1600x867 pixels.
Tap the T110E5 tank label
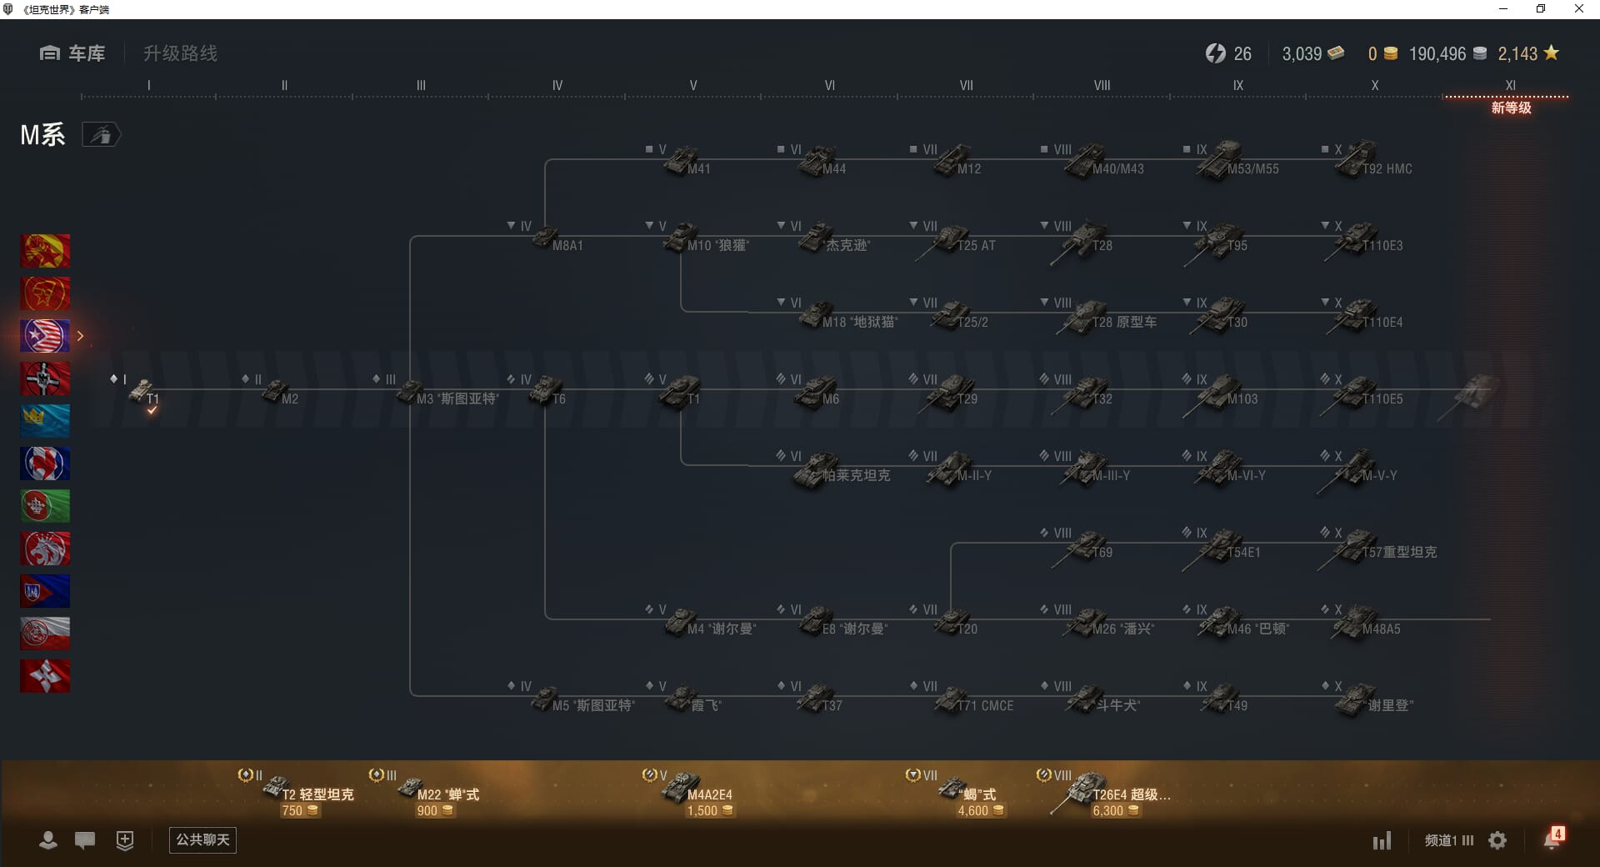tap(1382, 399)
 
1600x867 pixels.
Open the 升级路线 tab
tap(180, 53)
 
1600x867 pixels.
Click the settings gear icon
tap(1497, 840)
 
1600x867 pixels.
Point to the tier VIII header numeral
tap(1102, 85)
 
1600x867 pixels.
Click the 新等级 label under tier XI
tap(1511, 108)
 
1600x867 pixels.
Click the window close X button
tap(1578, 9)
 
